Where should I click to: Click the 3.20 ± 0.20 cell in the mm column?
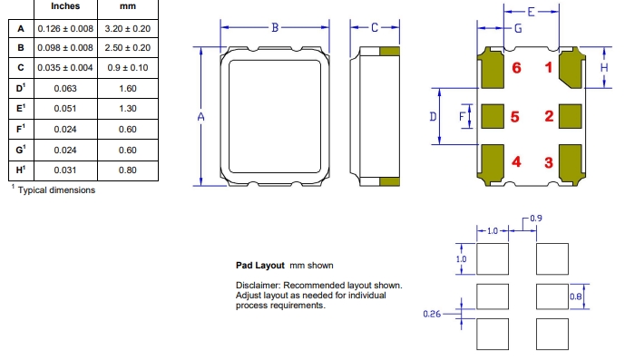click(x=128, y=29)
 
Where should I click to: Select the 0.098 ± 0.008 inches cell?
click(x=65, y=48)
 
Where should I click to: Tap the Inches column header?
click(x=65, y=6)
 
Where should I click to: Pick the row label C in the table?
click(x=21, y=68)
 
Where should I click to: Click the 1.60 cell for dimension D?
click(x=128, y=89)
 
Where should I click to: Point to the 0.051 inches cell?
click(x=65, y=109)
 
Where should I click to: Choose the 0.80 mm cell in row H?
click(x=128, y=170)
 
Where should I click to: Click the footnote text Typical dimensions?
click(x=56, y=190)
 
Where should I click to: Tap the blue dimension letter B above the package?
click(x=275, y=27)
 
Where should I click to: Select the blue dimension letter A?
click(x=200, y=116)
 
